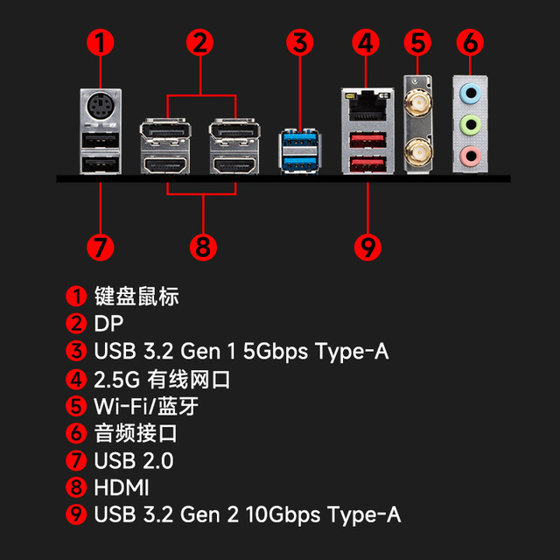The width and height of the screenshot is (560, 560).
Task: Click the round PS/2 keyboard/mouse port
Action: [101, 107]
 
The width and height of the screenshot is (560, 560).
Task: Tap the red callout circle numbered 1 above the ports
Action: [101, 43]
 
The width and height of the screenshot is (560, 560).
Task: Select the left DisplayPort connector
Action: [165, 131]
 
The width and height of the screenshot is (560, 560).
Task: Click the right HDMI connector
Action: [234, 164]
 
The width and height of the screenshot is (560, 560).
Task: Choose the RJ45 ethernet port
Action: [367, 105]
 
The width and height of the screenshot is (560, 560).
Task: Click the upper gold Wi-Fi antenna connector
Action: [417, 102]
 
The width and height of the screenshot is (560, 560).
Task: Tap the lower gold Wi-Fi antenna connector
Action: [417, 153]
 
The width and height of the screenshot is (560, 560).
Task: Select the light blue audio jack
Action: [471, 94]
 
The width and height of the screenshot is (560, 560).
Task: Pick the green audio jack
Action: [471, 124]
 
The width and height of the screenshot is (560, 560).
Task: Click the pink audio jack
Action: [471, 156]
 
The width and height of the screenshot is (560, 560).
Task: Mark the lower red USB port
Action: [367, 164]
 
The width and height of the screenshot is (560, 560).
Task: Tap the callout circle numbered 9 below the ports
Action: [367, 247]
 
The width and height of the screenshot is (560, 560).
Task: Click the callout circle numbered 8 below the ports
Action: [203, 247]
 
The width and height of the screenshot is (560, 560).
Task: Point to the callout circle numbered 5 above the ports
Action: [417, 43]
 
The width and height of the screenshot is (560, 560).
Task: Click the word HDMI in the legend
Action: [122, 487]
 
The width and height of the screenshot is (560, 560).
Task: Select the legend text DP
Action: [108, 324]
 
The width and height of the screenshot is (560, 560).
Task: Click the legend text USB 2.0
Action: [134, 460]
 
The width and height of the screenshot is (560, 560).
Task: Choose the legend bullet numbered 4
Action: [76, 379]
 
